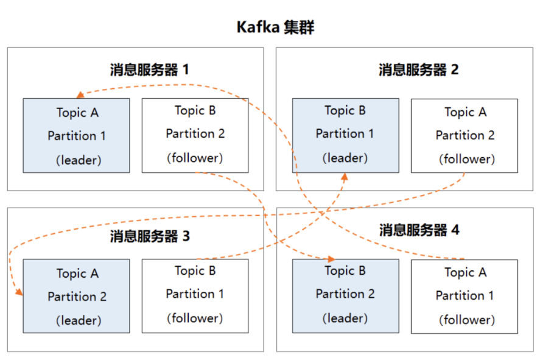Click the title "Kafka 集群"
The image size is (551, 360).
(x=275, y=27)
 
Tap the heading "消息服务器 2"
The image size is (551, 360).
(x=419, y=69)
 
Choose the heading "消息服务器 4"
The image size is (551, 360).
(x=419, y=230)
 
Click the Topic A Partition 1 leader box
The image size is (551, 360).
(x=77, y=135)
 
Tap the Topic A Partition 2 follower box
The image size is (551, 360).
(x=465, y=135)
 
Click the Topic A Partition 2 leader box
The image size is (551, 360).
(x=77, y=296)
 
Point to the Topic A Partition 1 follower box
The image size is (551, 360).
(x=465, y=296)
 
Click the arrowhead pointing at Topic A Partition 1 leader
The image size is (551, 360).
(x=80, y=95)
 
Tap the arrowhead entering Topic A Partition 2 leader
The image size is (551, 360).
(x=19, y=293)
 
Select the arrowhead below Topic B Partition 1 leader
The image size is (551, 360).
(x=344, y=177)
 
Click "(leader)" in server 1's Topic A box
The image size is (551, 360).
(x=79, y=160)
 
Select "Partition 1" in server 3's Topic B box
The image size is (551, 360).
(x=195, y=294)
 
